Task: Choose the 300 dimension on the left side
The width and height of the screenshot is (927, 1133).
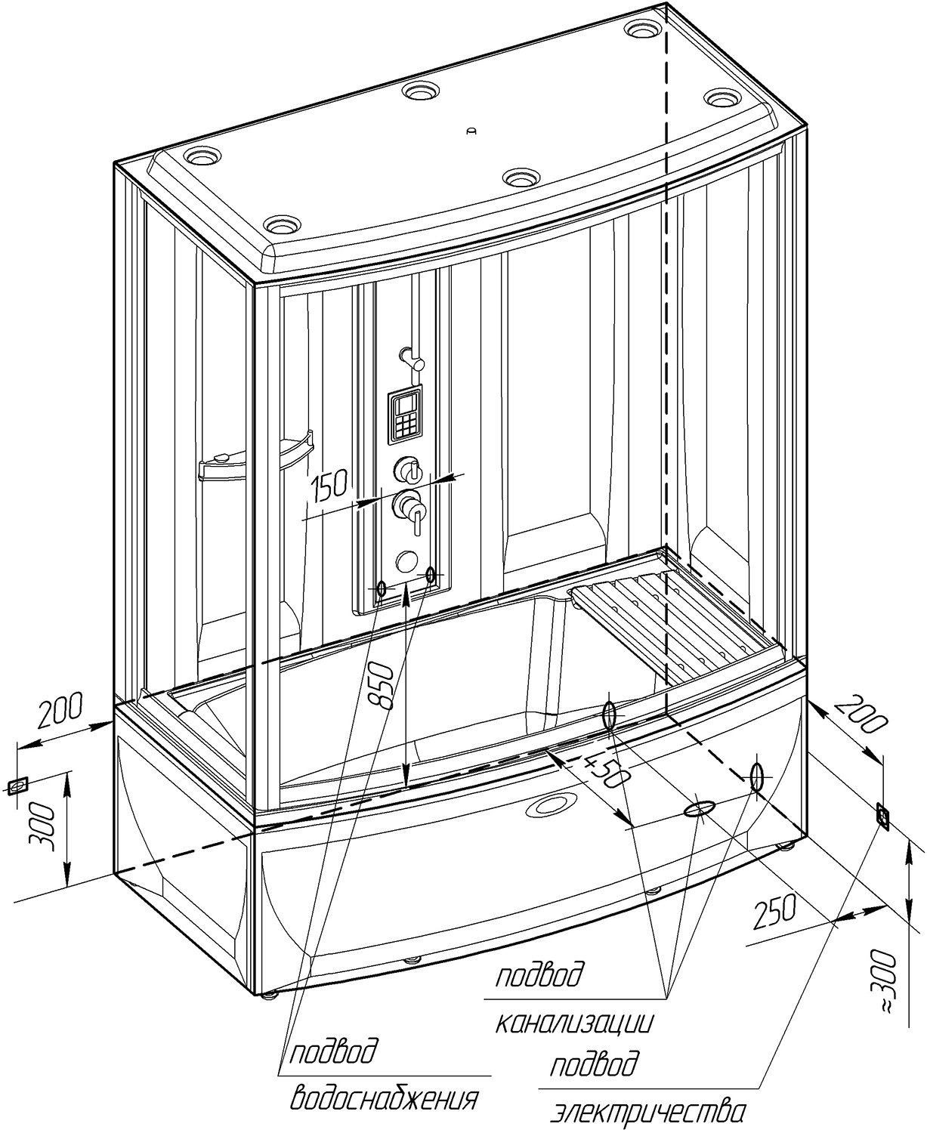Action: (46, 826)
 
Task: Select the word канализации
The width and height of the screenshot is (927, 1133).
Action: (574, 1023)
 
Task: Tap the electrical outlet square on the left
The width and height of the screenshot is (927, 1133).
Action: (17, 786)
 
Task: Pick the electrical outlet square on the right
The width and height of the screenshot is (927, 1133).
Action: (882, 816)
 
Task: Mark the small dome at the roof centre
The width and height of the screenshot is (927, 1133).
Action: (472, 131)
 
